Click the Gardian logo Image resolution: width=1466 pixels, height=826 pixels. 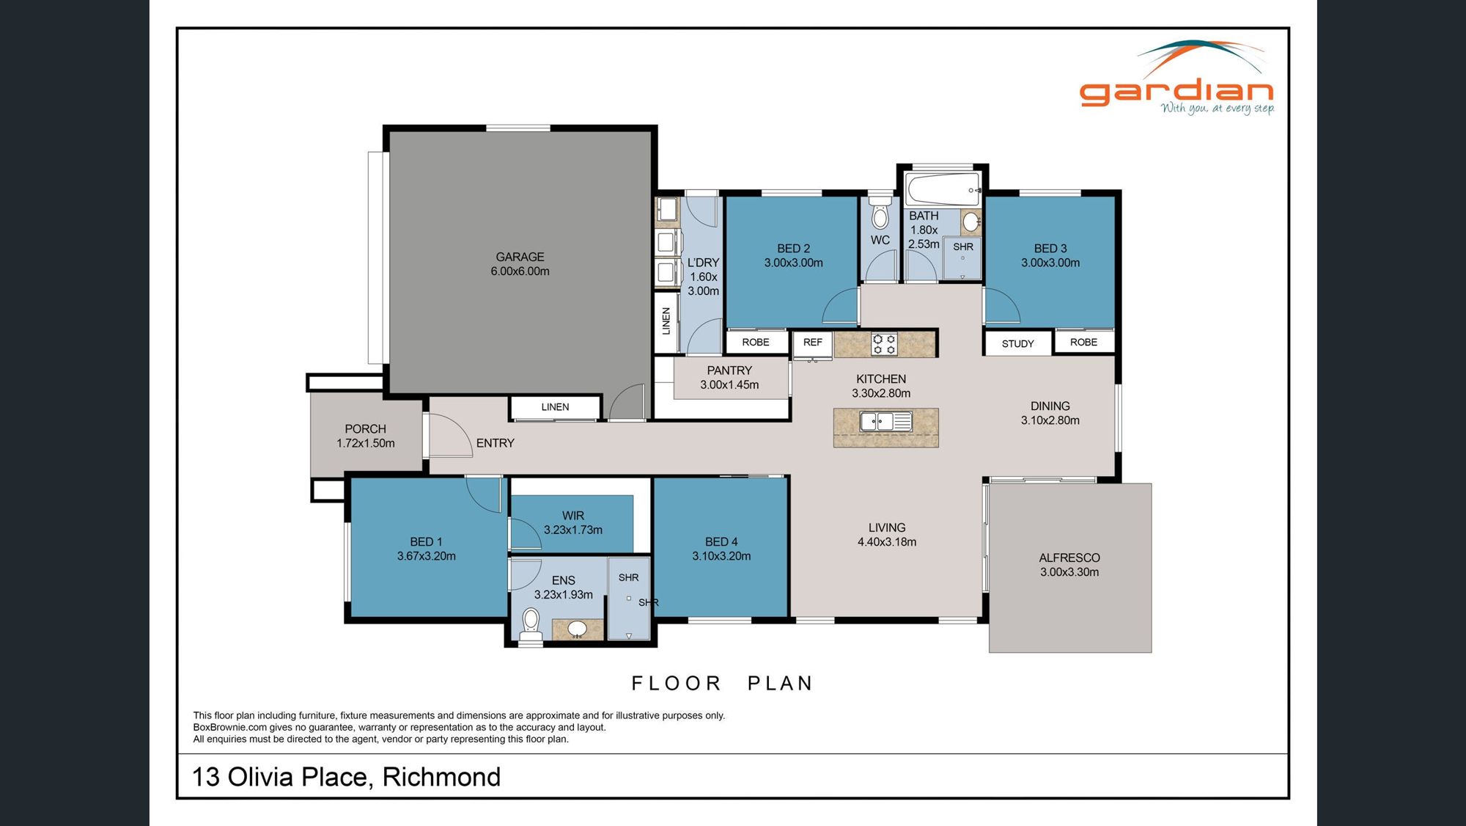pyautogui.click(x=1176, y=81)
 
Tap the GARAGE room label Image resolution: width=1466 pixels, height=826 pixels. pyautogui.click(x=520, y=257)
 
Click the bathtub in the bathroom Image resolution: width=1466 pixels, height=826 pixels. pyautogui.click(x=943, y=189)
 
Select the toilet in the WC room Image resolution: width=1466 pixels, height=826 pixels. pyautogui.click(x=880, y=216)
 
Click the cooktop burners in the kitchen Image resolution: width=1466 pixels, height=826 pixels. pyautogui.click(x=884, y=344)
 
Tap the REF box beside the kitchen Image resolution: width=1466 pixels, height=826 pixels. pyautogui.click(x=812, y=343)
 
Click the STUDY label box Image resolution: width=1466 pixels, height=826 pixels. pyautogui.click(x=1017, y=343)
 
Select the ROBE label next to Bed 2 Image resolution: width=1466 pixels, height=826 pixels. pyautogui.click(x=755, y=343)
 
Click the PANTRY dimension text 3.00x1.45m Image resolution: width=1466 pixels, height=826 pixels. pyautogui.click(x=729, y=385)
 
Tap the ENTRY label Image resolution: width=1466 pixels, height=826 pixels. pyautogui.click(x=495, y=443)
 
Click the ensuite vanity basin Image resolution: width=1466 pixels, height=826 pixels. pyautogui.click(x=577, y=629)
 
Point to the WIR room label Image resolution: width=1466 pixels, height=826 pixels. pyautogui.click(x=573, y=516)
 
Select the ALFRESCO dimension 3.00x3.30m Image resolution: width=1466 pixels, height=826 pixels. pyautogui.click(x=1069, y=572)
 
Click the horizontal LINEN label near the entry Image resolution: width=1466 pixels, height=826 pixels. pyautogui.click(x=555, y=407)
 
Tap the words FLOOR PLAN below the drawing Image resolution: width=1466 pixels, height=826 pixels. pyautogui.click(x=722, y=684)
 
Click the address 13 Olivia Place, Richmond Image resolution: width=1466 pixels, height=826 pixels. pyautogui.click(x=346, y=777)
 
